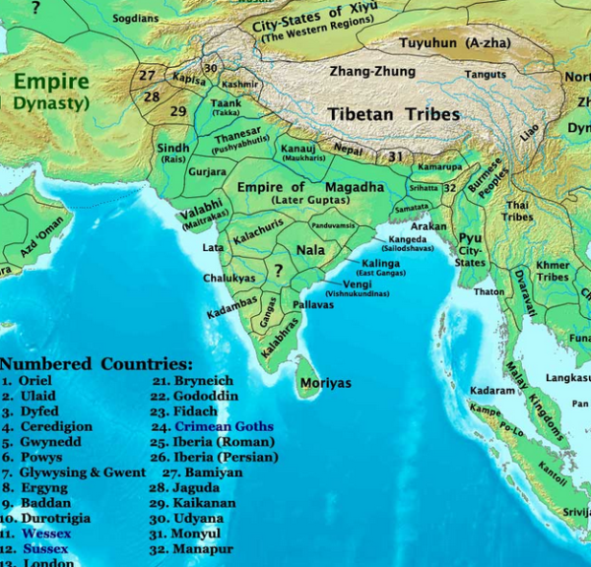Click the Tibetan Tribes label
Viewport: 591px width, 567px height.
pos(394,115)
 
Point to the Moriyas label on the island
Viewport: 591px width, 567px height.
pos(325,383)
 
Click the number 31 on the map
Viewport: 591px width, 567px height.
pos(395,157)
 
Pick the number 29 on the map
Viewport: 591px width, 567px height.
pos(177,111)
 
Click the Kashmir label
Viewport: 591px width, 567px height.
pos(240,85)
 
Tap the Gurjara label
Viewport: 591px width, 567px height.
pos(208,171)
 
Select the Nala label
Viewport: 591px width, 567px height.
pos(310,250)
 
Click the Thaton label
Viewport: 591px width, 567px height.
pos(489,291)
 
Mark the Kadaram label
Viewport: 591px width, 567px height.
pos(493,390)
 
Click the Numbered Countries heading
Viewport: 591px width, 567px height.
pos(97,363)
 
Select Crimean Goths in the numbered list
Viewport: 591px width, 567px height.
pos(224,427)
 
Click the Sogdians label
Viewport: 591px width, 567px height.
pos(137,18)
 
